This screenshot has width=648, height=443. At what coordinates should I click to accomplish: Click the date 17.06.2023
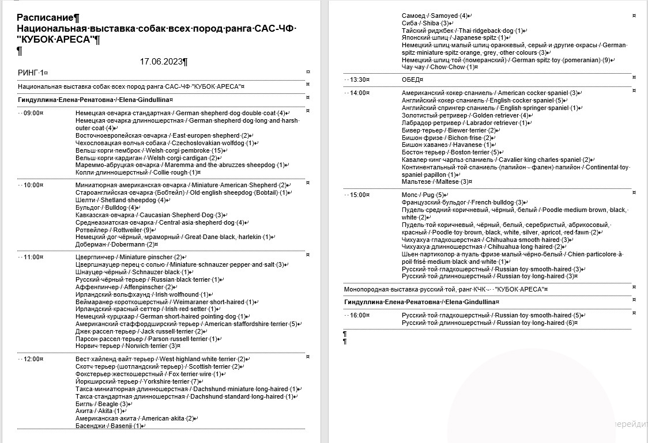pyautogui.click(x=163, y=61)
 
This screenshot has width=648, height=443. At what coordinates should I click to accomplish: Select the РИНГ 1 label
pyautogui.click(x=32, y=73)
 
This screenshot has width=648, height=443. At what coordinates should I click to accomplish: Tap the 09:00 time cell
pyautogui.click(x=33, y=113)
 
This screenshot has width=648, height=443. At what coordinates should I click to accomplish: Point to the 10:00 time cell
pyautogui.click(x=33, y=185)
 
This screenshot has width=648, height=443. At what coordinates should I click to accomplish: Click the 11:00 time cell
pyautogui.click(x=33, y=257)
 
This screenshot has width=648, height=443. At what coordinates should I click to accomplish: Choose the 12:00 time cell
pyautogui.click(x=33, y=359)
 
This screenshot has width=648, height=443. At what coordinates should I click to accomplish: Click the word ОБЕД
pyautogui.click(x=412, y=79)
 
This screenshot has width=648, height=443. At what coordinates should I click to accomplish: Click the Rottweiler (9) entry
pyautogui.click(x=114, y=230)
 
